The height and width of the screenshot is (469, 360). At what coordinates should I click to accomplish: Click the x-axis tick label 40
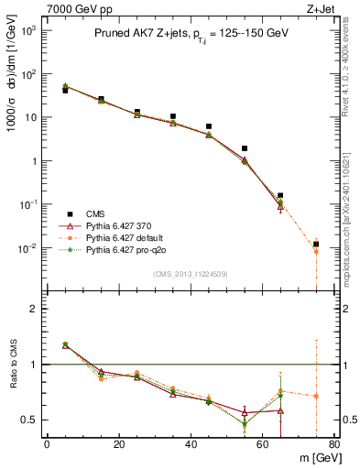[x=191, y=444]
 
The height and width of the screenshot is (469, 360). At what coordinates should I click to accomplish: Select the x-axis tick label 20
[x=119, y=444]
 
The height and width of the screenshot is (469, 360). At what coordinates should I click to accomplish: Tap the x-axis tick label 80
[x=334, y=444]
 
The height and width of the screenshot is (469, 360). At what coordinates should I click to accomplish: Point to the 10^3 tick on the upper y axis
[x=30, y=30]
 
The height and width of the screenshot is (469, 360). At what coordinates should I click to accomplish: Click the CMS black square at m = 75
[x=316, y=244]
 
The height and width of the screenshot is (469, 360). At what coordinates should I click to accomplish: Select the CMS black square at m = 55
[x=245, y=148]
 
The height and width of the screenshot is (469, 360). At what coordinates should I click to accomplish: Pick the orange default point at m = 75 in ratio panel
[x=316, y=397]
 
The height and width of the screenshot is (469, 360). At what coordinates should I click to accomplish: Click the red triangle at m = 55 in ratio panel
[x=245, y=412]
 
